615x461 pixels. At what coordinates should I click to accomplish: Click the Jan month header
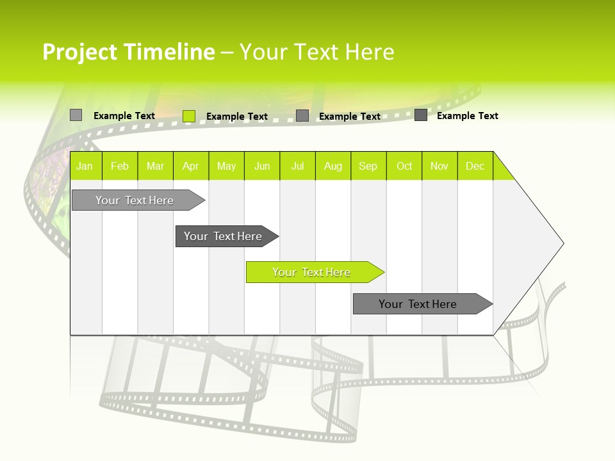pyautogui.click(x=85, y=166)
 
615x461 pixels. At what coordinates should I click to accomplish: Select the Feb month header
pyautogui.click(x=120, y=166)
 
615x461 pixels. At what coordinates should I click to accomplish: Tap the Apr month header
pyautogui.click(x=191, y=166)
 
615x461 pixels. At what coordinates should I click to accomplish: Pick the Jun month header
pyautogui.click(x=262, y=166)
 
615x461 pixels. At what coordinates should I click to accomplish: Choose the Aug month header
pyautogui.click(x=333, y=166)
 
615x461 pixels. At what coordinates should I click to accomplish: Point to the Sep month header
pyautogui.click(x=368, y=166)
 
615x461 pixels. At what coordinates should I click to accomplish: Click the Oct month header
pyautogui.click(x=404, y=166)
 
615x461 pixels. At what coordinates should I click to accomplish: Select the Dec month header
pyautogui.click(x=475, y=166)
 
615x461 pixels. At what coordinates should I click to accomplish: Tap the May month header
pyautogui.click(x=226, y=166)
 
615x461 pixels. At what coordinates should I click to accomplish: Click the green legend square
pyautogui.click(x=189, y=116)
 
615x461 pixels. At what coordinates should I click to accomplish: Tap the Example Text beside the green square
pyautogui.click(x=237, y=117)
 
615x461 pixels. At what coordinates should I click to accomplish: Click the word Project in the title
pyautogui.click(x=80, y=52)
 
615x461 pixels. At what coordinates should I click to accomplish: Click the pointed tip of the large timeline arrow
pyautogui.click(x=562, y=243)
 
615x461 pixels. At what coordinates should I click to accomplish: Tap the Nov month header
pyautogui.click(x=439, y=166)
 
